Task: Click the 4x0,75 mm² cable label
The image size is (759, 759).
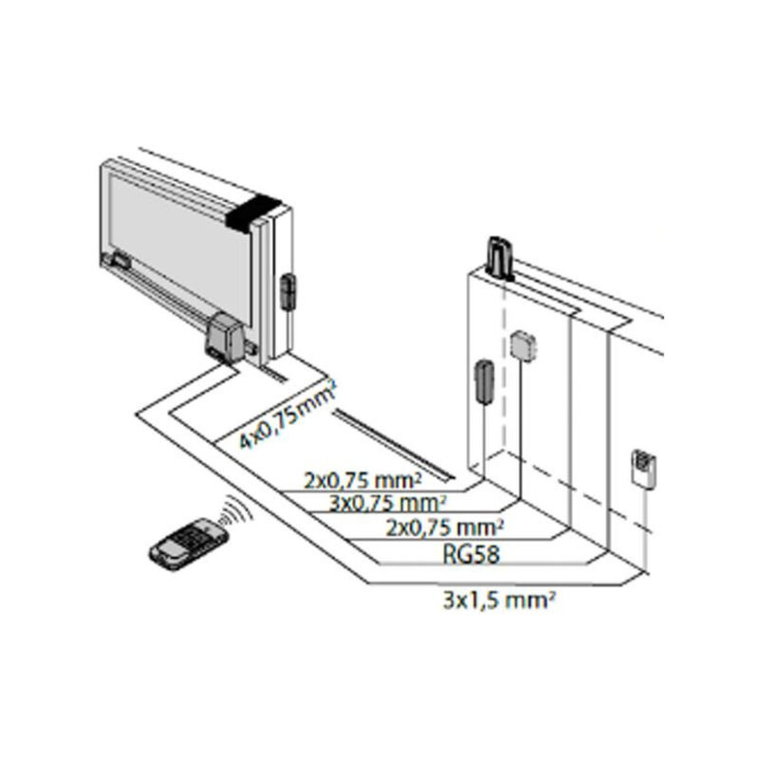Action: pos(288,415)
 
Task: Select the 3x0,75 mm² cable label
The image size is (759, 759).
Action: pos(387,504)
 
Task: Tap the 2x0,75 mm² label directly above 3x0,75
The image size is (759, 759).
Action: pos(362,480)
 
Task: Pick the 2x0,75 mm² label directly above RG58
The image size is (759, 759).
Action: pos(445,528)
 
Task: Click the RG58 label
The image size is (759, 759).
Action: pos(471,554)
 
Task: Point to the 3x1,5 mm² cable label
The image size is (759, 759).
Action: pos(499,601)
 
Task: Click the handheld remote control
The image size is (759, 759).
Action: pos(189,544)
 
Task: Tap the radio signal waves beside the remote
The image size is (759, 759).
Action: pos(237,510)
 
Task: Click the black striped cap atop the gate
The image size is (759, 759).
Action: pos(253,212)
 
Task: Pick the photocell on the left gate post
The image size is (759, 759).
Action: pos(288,291)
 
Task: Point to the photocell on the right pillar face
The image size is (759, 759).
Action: pos(484,381)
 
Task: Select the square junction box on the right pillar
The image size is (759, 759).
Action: pos(525,345)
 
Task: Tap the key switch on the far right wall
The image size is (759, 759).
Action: pos(644,468)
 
